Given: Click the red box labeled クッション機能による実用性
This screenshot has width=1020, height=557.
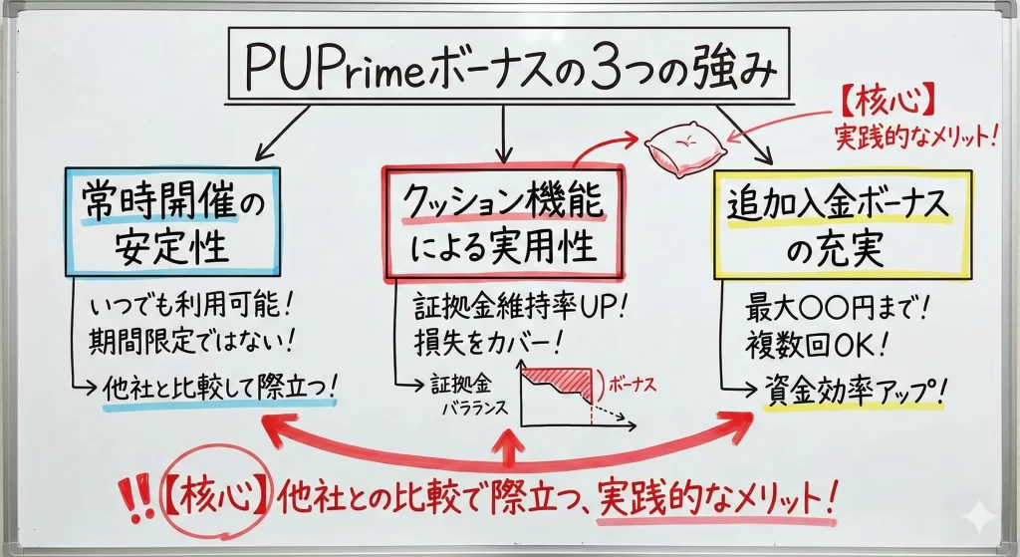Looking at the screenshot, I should coord(502,221).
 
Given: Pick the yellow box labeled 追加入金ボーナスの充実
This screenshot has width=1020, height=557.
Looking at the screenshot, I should coord(842,224).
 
